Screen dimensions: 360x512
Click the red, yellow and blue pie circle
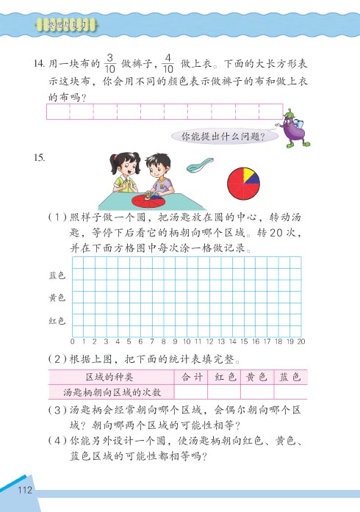[x=243, y=183]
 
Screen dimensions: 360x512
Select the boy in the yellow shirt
[x=159, y=176]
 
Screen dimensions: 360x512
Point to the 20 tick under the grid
[x=301, y=342]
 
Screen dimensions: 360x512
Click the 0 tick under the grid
[x=73, y=342]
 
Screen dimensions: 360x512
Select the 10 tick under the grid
[x=187, y=342]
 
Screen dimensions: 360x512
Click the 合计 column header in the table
[x=191, y=377]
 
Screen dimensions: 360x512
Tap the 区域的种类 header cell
[x=110, y=377]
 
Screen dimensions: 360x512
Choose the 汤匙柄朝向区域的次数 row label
[x=110, y=392]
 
